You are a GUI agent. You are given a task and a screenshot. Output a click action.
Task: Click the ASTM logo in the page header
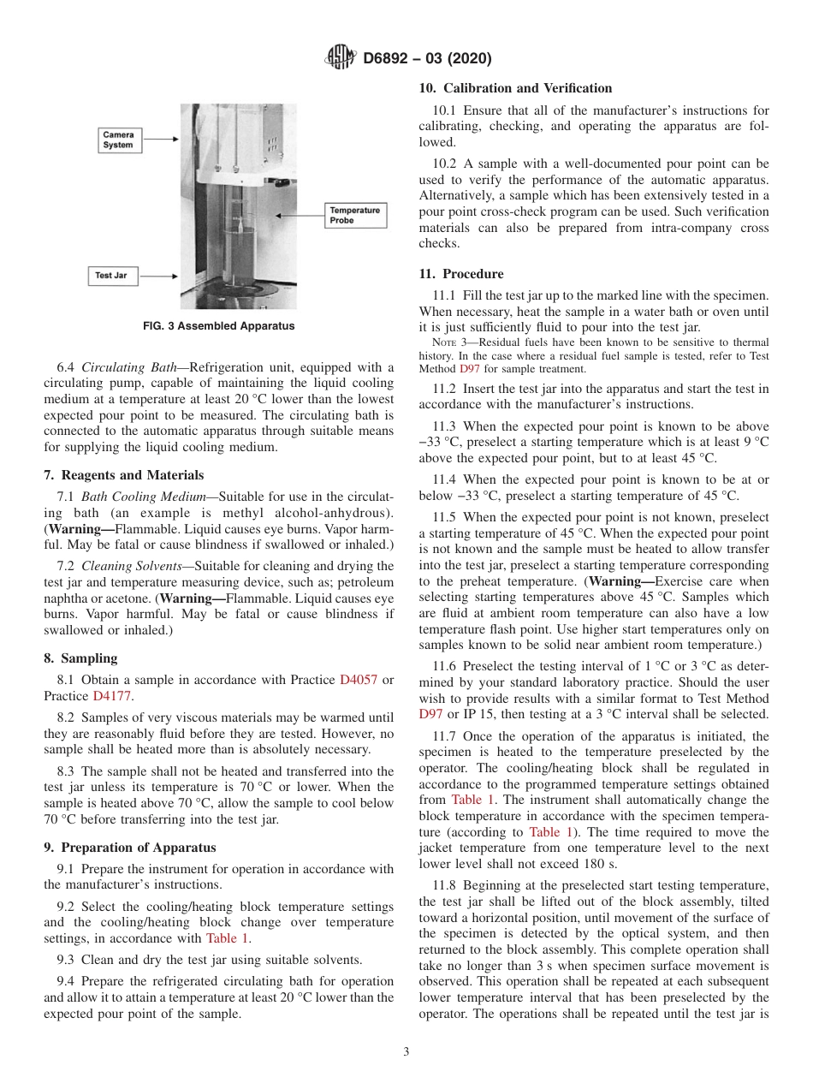(340, 58)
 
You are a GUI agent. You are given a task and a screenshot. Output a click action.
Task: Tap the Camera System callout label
(118, 140)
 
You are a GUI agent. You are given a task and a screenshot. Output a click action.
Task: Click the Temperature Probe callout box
(355, 215)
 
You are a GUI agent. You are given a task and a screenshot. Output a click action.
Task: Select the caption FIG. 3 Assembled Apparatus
(218, 326)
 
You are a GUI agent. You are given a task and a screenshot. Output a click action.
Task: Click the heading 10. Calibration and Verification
(515, 88)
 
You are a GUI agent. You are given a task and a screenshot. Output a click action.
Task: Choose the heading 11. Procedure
(461, 274)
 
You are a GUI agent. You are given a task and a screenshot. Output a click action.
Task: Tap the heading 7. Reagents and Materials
(124, 475)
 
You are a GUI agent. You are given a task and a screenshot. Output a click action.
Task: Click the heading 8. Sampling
(80, 658)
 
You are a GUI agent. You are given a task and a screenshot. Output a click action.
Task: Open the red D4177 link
(112, 696)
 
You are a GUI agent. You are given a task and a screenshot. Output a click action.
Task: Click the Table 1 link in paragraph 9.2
(228, 937)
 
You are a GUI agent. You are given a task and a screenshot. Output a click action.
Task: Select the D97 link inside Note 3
(469, 369)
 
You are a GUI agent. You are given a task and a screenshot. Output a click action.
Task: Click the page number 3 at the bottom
(406, 1051)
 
